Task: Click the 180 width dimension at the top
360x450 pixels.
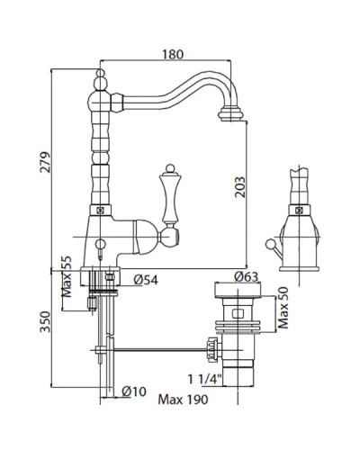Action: point(173,54)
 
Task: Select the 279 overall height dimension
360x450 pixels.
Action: point(45,162)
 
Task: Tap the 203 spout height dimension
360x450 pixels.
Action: point(239,187)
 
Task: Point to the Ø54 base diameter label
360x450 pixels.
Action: point(146,280)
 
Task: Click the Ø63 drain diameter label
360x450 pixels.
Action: point(246,276)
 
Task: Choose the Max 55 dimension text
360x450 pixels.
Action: point(67,276)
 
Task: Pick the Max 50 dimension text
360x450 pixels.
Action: point(283,308)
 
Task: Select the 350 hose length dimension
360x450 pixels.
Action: point(45,322)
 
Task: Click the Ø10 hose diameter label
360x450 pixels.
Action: point(134,391)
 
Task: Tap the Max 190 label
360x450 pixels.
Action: point(183,400)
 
